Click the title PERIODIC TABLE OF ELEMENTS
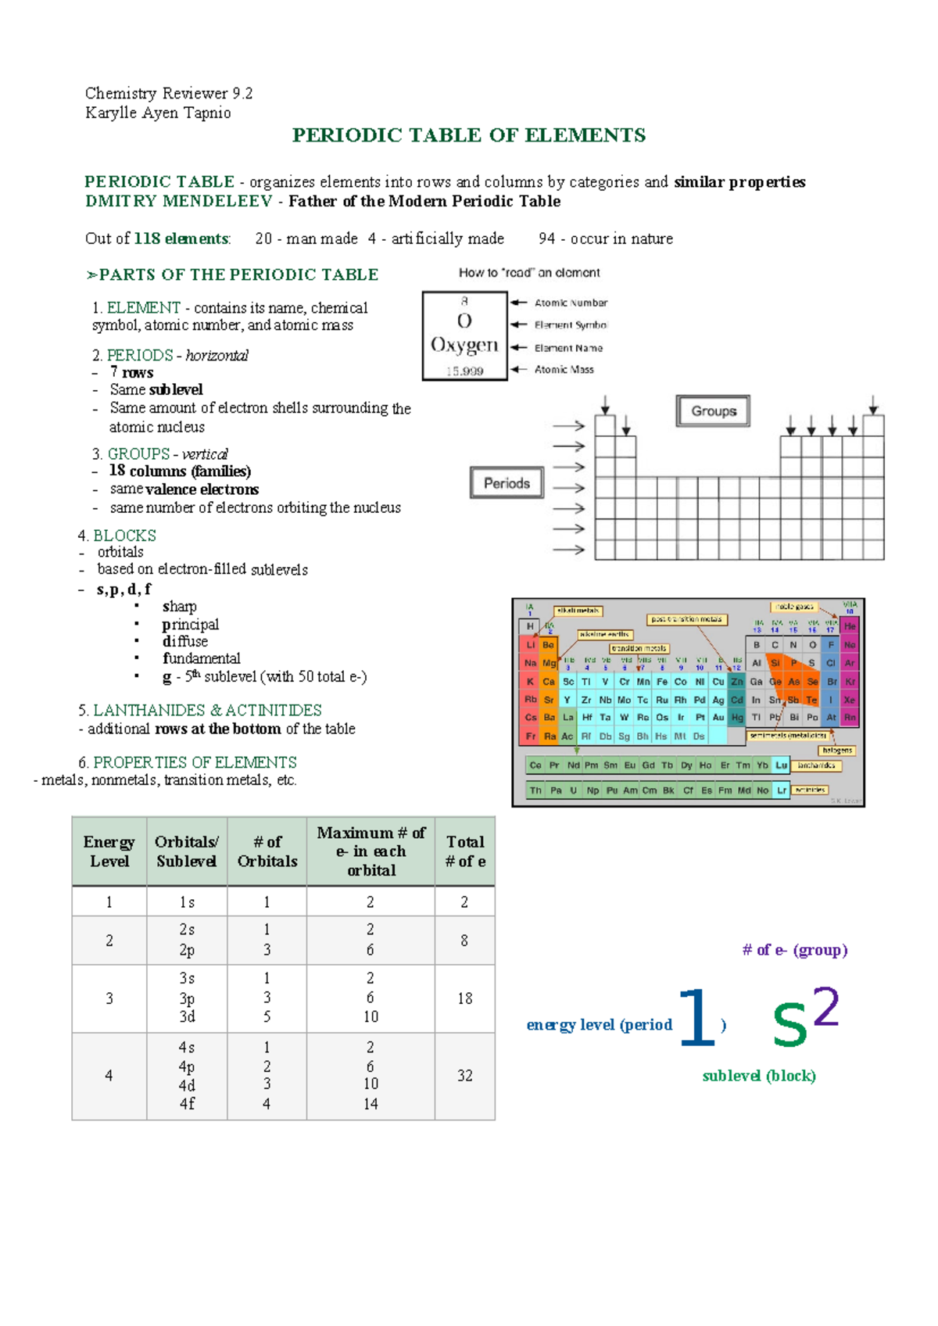pos(468,135)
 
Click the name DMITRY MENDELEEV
pos(179,201)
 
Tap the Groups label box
pos(713,411)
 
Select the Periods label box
pos(507,483)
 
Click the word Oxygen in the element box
pos(464,345)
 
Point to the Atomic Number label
pos(571,303)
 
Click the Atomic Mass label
pos(564,370)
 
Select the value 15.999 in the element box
pos(464,371)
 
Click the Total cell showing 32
pos(464,1076)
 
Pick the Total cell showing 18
pos(464,998)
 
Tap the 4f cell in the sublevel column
pos(187,1104)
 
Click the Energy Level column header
pos(109,851)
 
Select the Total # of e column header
pos(465,851)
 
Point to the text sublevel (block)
pos(758,1076)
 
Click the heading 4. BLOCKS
pos(117,536)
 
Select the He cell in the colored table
pos(850,626)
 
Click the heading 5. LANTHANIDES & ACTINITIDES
pos(200,710)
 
